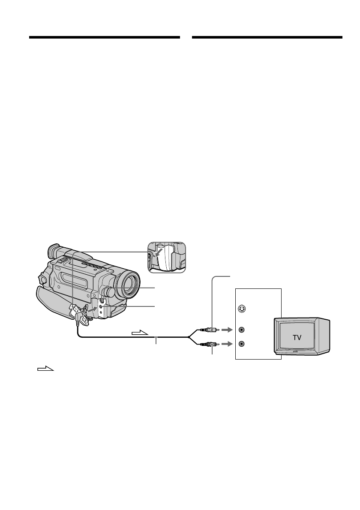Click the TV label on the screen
[297, 337]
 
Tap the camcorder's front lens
[129, 285]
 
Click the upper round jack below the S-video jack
[241, 330]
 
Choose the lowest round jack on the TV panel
[241, 344]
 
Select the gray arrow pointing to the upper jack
[227, 330]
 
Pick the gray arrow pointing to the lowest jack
[227, 344]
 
